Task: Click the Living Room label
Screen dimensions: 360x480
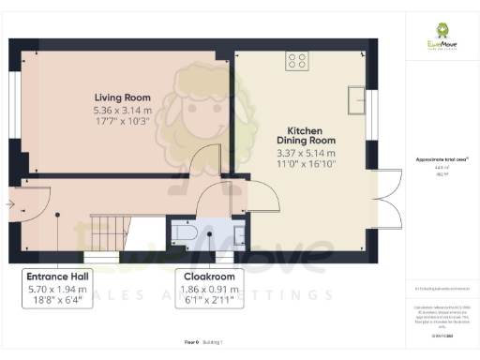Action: pyautogui.click(x=124, y=97)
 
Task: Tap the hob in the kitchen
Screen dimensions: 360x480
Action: pyautogui.click(x=297, y=61)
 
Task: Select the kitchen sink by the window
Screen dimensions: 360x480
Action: pyautogui.click(x=355, y=98)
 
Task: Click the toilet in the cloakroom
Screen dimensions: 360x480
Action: pyautogui.click(x=184, y=231)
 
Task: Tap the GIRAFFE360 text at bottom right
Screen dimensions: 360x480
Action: pyautogui.click(x=441, y=336)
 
